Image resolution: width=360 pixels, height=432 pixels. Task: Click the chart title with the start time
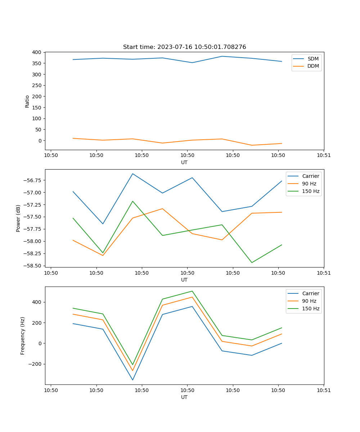(184, 47)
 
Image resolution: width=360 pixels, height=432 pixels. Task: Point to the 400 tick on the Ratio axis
(37, 52)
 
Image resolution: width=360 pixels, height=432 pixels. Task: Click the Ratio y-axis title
(27, 101)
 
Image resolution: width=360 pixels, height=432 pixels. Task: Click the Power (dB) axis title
(18, 219)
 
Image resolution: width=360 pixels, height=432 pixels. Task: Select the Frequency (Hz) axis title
(23, 336)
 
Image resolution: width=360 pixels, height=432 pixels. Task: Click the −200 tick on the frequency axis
(35, 364)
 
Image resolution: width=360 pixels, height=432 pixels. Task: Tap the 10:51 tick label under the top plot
(324, 156)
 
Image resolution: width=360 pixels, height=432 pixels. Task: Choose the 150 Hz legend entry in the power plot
(311, 191)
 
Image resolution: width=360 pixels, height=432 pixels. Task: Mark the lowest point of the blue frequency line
(132, 380)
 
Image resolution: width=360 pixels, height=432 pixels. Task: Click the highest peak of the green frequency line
(192, 291)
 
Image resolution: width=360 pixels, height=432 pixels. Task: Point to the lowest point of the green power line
(252, 262)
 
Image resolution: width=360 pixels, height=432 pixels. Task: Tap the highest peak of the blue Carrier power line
(132, 174)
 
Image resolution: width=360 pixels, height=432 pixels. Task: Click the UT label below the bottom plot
(184, 397)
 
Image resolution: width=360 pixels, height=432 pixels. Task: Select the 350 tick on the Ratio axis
(37, 63)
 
